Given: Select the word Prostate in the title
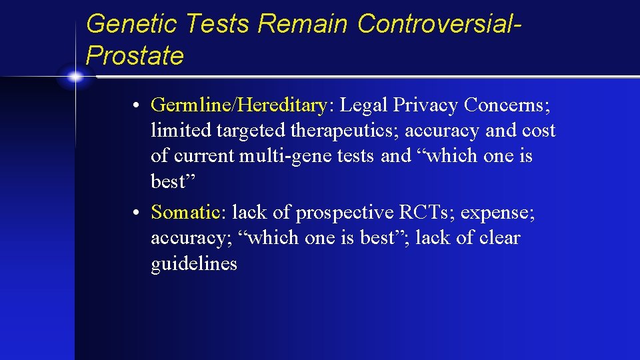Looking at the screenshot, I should [135, 56].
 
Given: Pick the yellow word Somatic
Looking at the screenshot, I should [185, 212].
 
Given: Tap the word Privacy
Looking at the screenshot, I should [425, 105].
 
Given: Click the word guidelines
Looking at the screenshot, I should [194, 264].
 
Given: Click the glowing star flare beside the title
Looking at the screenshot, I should [75, 77].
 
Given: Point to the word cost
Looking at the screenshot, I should [539, 131].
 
